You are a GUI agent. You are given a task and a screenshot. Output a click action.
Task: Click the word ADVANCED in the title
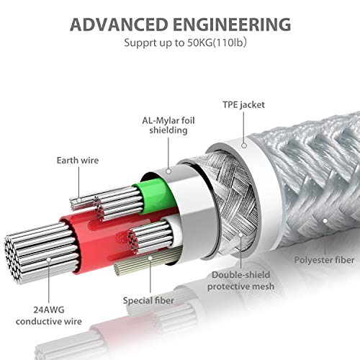point(119,24)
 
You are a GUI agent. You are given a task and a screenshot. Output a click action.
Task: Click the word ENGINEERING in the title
point(232,24)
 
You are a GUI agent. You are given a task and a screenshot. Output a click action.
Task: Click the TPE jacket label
point(243,105)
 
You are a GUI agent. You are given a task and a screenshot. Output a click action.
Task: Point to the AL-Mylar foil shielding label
point(168,125)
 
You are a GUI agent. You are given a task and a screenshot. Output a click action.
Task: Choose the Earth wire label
point(78,161)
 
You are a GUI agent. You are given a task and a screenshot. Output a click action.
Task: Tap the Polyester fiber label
point(324,260)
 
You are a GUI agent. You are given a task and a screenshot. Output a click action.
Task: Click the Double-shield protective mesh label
point(240,281)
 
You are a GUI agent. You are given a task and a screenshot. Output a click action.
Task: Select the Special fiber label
point(148,300)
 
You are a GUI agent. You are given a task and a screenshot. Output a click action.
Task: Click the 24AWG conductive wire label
point(49,315)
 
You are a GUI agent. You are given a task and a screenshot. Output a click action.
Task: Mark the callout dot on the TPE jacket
point(244,145)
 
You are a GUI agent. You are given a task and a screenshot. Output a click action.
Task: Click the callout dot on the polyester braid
point(325,221)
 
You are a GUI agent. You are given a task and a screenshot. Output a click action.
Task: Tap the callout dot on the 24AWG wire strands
point(49,260)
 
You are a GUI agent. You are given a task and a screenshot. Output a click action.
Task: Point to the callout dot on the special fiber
point(150,258)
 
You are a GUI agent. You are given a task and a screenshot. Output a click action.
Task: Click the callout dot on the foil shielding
point(168,171)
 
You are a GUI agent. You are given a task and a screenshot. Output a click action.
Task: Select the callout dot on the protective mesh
point(240,235)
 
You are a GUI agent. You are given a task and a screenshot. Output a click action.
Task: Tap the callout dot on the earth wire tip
point(79,200)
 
